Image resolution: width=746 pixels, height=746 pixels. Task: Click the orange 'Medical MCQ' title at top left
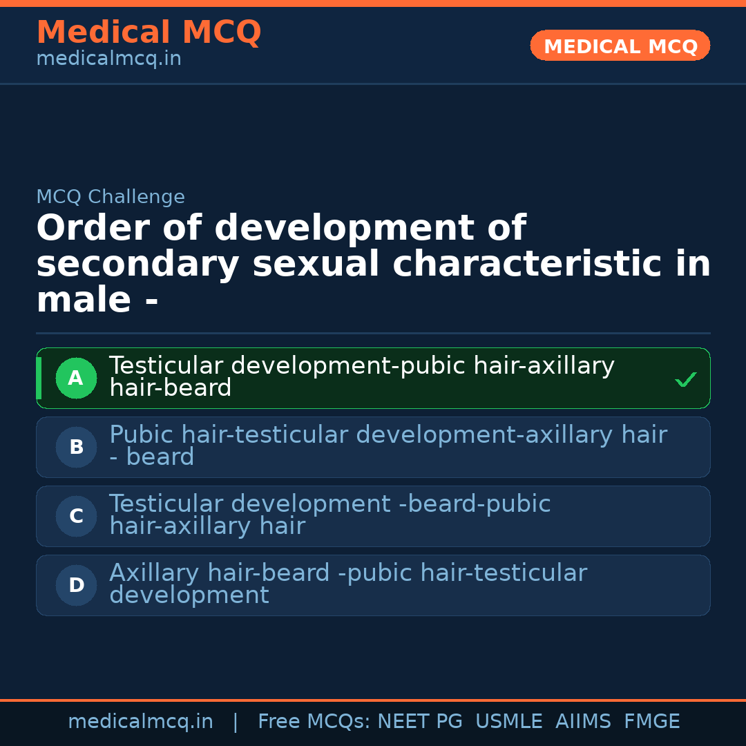coord(149,32)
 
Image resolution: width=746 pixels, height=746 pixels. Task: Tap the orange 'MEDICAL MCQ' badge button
coord(620,46)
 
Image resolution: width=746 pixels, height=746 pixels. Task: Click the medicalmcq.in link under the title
coord(108,59)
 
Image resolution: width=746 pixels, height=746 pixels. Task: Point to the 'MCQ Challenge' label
coord(111,197)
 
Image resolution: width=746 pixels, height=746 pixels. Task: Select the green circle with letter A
coord(76,378)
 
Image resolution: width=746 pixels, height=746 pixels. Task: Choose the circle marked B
coord(76,447)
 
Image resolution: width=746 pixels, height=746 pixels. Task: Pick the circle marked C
coord(76,516)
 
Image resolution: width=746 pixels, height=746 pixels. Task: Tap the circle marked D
coord(76,585)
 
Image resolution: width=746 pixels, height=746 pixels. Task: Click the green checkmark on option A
coord(685,379)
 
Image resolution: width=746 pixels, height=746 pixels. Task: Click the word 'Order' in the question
coord(84,228)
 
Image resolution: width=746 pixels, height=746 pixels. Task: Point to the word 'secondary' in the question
coord(137,264)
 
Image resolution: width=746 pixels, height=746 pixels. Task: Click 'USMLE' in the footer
coord(508,722)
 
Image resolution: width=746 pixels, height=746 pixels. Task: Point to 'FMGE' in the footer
coord(651,722)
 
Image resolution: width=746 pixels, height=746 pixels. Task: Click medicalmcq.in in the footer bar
coord(140,722)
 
